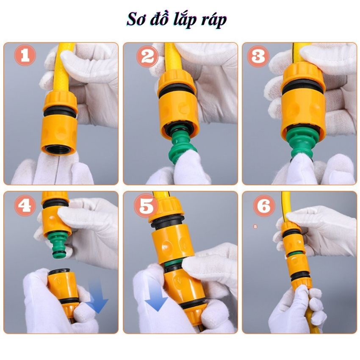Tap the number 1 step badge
[x=25, y=56]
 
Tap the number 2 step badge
[x=147, y=56]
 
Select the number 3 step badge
[x=258, y=56]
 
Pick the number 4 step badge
[x=25, y=206]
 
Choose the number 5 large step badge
[x=146, y=207]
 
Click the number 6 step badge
[x=263, y=206]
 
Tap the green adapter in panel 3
[x=302, y=142]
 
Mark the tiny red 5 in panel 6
[x=255, y=227]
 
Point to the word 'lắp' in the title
[x=185, y=20]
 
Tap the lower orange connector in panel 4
[x=64, y=288]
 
